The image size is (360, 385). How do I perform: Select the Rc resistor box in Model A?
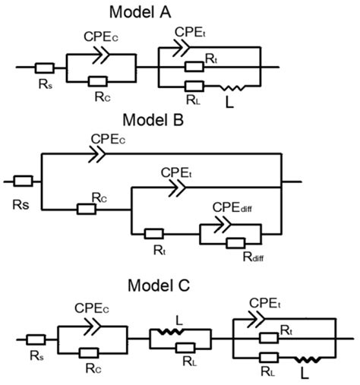pos(96,80)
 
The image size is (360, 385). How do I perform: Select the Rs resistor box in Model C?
pos(36,339)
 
